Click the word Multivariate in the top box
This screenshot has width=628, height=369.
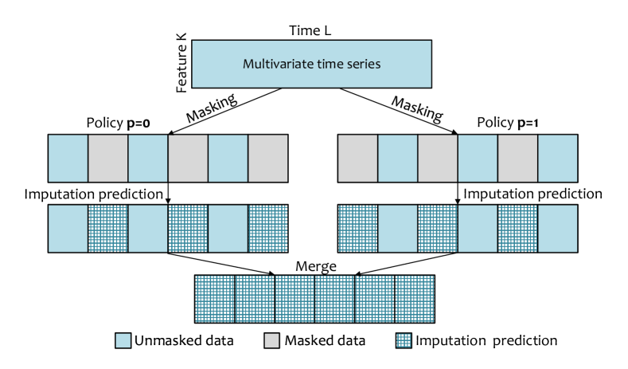click(275, 64)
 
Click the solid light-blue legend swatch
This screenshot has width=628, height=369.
click(123, 340)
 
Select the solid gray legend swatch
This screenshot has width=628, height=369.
click(272, 340)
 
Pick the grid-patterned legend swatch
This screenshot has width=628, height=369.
click(404, 340)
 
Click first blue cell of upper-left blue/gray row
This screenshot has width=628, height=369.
click(68, 159)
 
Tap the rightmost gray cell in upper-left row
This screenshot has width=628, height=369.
click(267, 159)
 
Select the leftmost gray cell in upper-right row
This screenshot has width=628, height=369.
click(358, 159)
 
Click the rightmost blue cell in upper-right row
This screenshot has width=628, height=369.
click(557, 159)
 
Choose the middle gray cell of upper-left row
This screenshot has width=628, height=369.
click(188, 159)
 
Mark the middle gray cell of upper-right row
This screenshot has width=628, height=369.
click(438, 159)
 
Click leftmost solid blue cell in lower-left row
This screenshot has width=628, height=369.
click(68, 229)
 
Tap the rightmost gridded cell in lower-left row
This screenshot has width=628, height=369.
click(267, 229)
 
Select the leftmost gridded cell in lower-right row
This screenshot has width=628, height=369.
click(358, 229)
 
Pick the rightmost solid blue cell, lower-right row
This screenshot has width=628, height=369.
click(557, 229)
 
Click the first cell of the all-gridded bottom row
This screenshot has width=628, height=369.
click(215, 299)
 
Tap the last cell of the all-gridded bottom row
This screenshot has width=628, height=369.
click(415, 299)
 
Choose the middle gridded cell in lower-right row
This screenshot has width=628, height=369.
click(438, 229)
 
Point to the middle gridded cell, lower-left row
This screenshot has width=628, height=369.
click(188, 229)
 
